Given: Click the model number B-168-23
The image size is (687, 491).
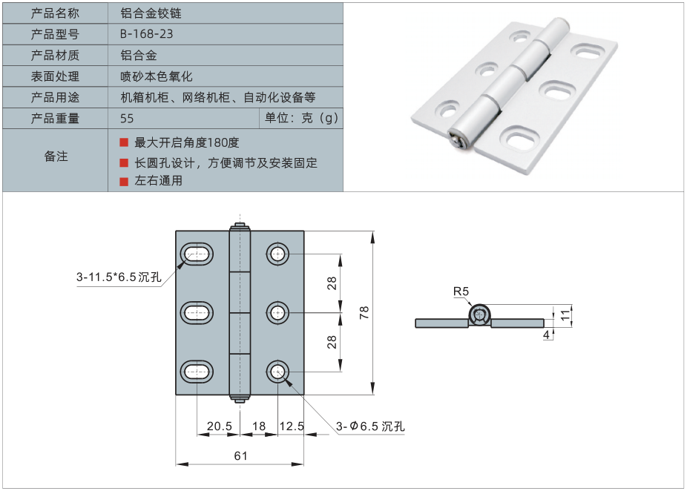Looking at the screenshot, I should click(x=147, y=34).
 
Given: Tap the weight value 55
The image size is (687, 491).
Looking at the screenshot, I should click(x=127, y=119).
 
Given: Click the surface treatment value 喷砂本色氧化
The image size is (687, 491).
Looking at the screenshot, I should click(x=157, y=76).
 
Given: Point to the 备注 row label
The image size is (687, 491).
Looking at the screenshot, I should click(x=56, y=156).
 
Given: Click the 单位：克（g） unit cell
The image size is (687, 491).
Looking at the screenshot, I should click(x=301, y=119).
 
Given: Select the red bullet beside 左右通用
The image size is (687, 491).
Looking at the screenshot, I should click(x=124, y=180).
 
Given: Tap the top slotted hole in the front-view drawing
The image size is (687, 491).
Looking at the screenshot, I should click(x=197, y=254).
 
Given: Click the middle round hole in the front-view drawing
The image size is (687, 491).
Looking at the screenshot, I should click(x=278, y=312).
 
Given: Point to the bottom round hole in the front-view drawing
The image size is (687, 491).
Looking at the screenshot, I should click(x=278, y=371).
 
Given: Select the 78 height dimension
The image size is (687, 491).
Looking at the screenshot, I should click(x=364, y=313).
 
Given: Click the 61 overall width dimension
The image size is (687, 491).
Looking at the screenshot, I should click(x=240, y=455).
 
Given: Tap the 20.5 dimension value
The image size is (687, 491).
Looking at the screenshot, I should click(x=220, y=426).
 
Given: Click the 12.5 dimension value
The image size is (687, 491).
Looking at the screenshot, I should click(x=292, y=426).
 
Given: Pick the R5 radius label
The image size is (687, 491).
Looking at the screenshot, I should click(x=461, y=291).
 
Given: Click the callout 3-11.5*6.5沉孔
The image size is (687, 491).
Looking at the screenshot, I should click(x=119, y=277).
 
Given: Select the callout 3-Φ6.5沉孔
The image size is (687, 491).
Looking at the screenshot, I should click(x=370, y=426).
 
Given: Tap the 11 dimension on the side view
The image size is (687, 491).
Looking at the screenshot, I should click(x=565, y=314).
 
